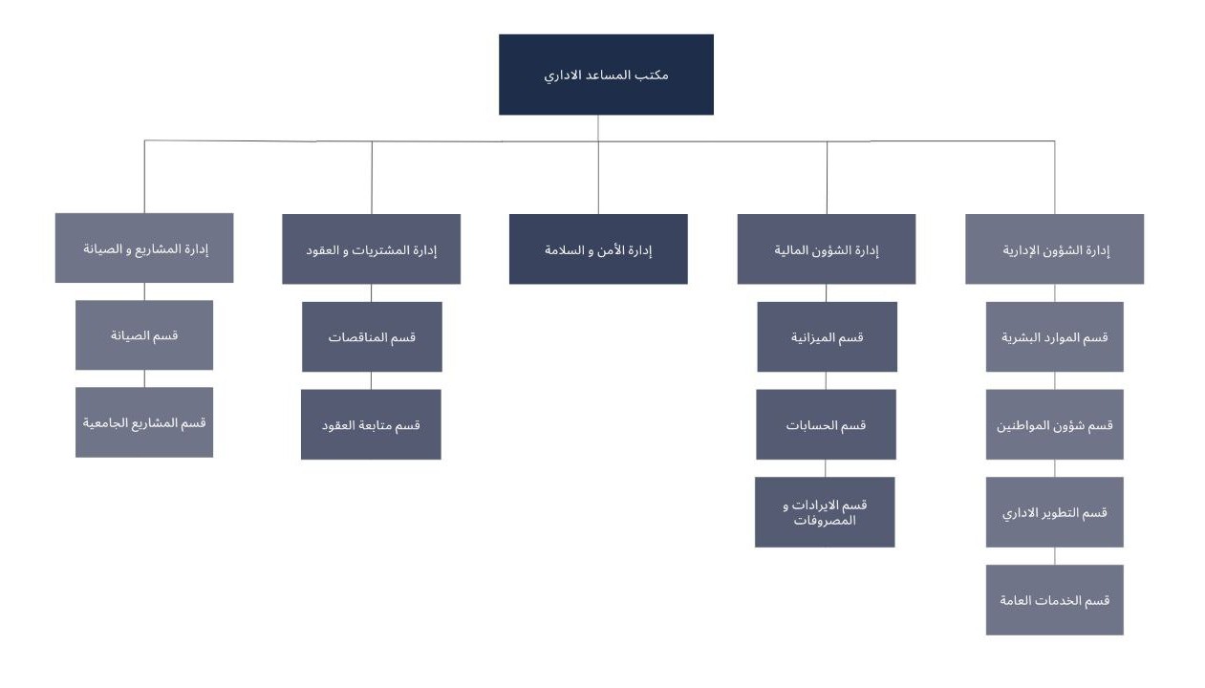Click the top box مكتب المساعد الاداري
coord(606,75)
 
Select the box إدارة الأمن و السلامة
coord(598,249)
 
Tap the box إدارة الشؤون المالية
coord(827,249)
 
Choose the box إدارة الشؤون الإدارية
coord(1054,249)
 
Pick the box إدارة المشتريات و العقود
coord(371,249)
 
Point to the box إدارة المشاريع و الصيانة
coord(144,248)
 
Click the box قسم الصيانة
coord(144,335)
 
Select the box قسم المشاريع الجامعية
coord(144,422)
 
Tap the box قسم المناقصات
coord(372,336)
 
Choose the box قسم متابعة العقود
coord(371,424)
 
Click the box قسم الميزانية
coord(827,336)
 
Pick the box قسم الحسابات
coord(826,424)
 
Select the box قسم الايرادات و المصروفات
coord(825,512)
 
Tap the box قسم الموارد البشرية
coord(1054,336)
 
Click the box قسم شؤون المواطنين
coord(1054,424)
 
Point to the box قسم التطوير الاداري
coord(1054,512)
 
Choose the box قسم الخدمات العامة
coord(1054,600)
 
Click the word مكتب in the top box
coord(655,75)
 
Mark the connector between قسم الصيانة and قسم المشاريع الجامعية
coord(144,378)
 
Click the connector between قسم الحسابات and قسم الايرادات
coord(826,468)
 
